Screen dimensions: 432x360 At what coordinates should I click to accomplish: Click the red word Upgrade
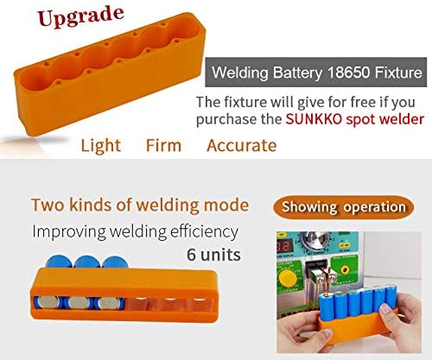[x=80, y=16]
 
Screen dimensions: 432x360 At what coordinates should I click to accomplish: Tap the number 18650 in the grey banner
[x=349, y=72]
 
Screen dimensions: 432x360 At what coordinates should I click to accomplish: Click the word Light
[x=100, y=145]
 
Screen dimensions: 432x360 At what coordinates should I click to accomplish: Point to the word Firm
[x=163, y=145]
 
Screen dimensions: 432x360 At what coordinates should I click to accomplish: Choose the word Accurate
[x=242, y=145]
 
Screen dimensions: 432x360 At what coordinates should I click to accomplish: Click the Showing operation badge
[x=343, y=207]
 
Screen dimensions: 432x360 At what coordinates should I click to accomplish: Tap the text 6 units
[x=213, y=255]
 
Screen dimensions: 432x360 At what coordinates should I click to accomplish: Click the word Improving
[x=69, y=232]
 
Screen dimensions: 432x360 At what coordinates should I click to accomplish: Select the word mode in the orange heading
[x=226, y=205]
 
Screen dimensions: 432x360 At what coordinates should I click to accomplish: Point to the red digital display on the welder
[x=284, y=247]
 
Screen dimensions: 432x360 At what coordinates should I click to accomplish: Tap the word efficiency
[x=204, y=232]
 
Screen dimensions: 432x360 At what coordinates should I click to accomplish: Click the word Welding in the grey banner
[x=240, y=73]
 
